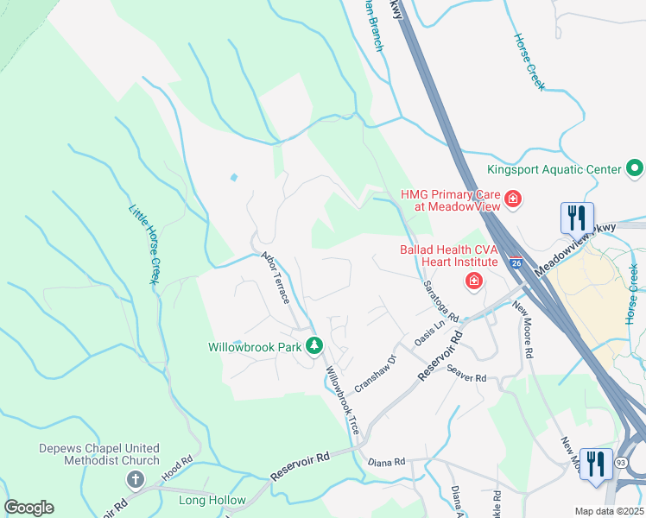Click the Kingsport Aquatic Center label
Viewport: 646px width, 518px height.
[x=554, y=168]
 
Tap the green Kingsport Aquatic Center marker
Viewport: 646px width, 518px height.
[x=636, y=168]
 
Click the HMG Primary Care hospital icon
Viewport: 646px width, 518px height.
[x=513, y=200]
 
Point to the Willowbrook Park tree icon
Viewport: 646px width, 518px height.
[x=315, y=347]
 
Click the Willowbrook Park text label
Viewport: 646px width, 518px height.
[x=255, y=347]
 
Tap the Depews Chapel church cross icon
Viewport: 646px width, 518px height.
[x=135, y=479]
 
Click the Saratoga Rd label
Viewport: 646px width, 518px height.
[x=440, y=300]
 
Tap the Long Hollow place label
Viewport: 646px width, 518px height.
[x=212, y=500]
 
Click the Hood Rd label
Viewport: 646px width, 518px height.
[x=175, y=469]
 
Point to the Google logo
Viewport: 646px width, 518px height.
[x=28, y=508]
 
